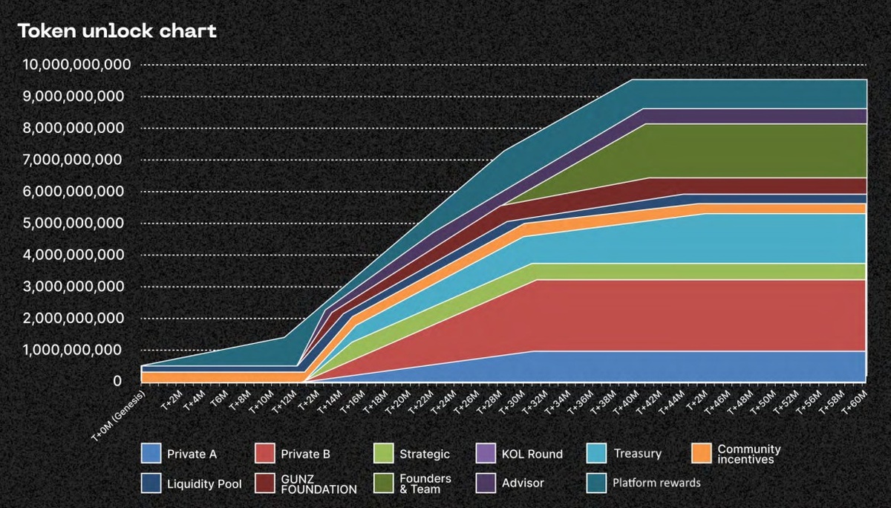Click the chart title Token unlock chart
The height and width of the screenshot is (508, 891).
pos(117,31)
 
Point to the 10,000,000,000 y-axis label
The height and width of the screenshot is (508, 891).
pos(77,65)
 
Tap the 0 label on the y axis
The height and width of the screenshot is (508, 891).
pos(117,381)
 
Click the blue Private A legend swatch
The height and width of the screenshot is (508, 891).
pos(151,453)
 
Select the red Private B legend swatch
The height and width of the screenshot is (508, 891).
pos(264,453)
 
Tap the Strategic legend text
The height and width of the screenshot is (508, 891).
pos(424,454)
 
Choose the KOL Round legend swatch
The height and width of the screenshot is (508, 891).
pos(486,453)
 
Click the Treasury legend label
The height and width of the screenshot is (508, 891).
pos(637,453)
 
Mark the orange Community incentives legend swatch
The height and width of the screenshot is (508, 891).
pos(701,453)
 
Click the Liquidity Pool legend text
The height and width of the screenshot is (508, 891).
pos(204,483)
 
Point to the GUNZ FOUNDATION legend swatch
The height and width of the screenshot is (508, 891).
pos(264,483)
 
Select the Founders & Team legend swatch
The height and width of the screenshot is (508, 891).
pos(384,483)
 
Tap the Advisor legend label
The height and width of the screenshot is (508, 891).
pos(523,483)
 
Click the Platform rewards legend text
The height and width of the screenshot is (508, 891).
pos(656,483)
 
